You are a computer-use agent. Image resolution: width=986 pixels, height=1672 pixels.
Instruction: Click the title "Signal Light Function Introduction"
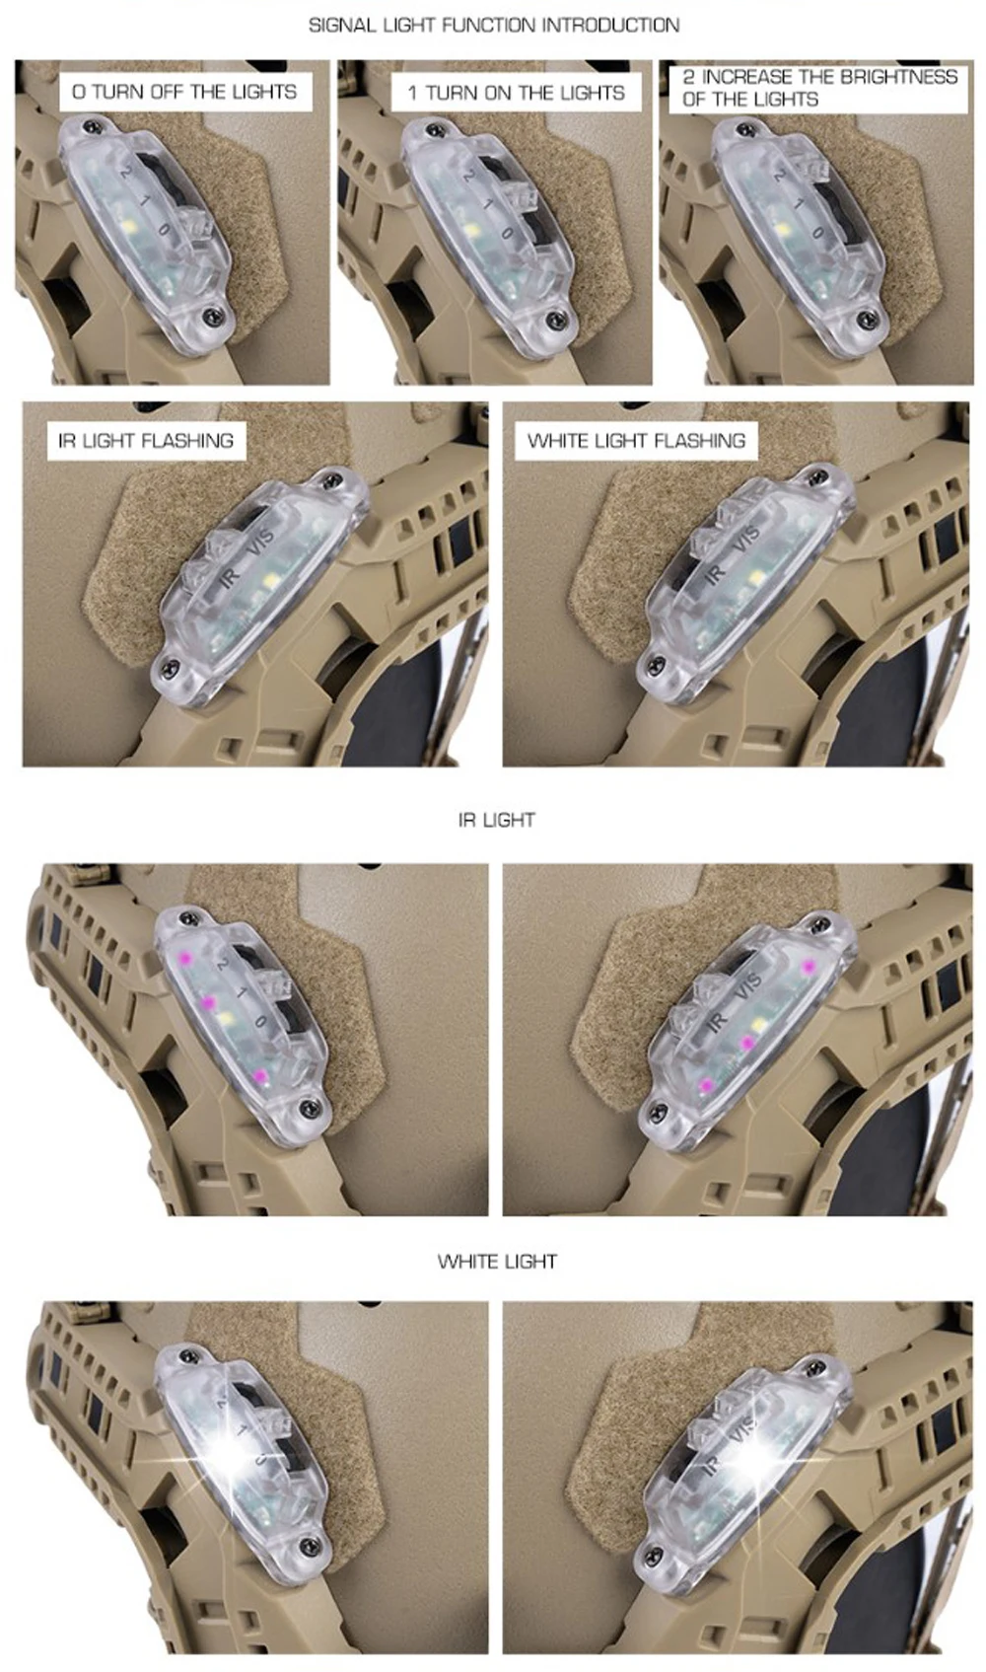(494, 26)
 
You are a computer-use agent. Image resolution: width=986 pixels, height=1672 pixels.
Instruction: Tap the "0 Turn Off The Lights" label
(184, 92)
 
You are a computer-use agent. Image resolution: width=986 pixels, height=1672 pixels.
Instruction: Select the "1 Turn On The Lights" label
(516, 93)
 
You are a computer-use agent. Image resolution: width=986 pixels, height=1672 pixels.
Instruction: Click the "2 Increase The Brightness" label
(819, 77)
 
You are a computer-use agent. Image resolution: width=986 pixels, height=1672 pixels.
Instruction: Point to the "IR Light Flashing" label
(146, 440)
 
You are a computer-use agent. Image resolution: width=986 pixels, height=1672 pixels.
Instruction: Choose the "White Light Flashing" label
(636, 440)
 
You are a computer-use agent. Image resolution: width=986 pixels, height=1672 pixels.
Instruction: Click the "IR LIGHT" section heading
(496, 820)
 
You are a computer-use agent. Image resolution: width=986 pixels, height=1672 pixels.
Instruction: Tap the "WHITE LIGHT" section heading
(497, 1262)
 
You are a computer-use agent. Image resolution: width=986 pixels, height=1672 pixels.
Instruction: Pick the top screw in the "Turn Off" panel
(91, 124)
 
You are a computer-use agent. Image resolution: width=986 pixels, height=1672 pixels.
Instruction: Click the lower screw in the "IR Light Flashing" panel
(170, 664)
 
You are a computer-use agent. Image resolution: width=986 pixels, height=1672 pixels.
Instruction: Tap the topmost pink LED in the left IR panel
(185, 957)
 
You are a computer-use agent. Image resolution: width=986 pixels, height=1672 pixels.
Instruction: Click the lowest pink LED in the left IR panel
(258, 1075)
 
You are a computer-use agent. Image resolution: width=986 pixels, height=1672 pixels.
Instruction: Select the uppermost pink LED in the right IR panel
(808, 967)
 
